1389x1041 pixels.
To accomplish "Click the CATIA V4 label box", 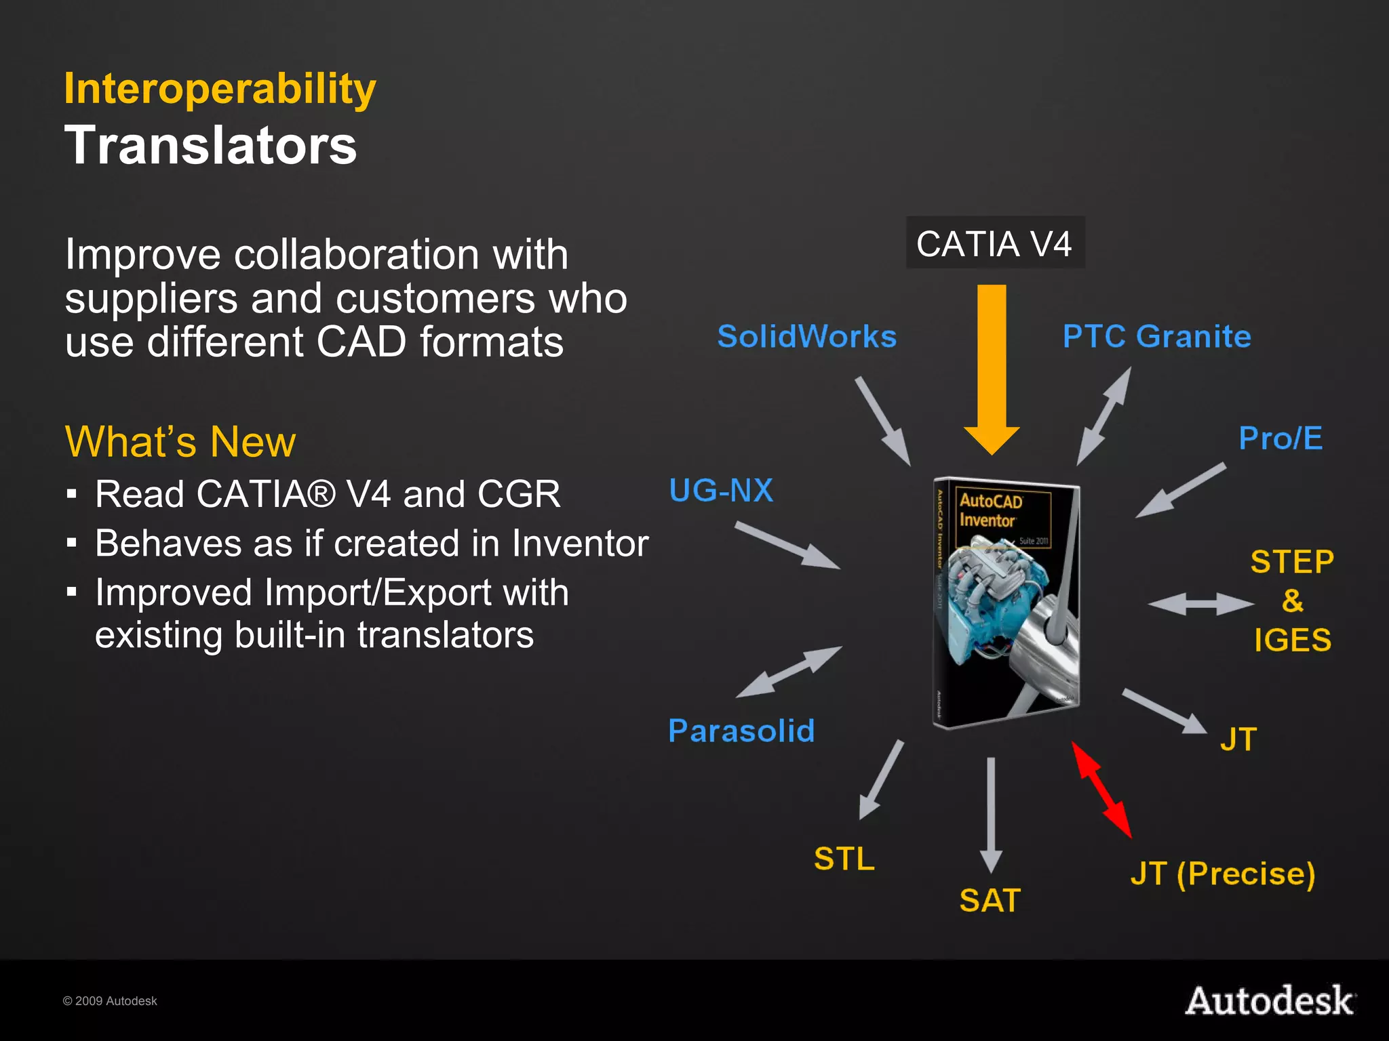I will [995, 243].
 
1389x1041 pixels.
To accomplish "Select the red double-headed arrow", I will [1101, 790].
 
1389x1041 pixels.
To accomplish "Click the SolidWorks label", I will [807, 337].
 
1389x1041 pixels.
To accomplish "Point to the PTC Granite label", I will [1156, 337].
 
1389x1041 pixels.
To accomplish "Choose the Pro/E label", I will [1280, 438].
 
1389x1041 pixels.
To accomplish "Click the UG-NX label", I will [721, 491].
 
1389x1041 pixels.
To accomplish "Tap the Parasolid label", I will [741, 731].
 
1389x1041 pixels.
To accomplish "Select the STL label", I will [844, 859].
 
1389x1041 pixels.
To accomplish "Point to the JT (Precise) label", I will [1222, 874].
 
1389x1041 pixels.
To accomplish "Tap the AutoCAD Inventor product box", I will [1006, 603].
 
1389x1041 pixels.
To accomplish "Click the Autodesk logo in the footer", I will [1270, 1001].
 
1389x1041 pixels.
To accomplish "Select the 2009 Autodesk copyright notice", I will [110, 1001].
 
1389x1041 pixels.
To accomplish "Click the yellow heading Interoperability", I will [220, 89].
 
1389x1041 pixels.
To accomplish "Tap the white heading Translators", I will [210, 146].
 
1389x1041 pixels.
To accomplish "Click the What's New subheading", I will [180, 442].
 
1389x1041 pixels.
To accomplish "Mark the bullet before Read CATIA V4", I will [72, 493].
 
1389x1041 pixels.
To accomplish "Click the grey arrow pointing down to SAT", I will [991, 813].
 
